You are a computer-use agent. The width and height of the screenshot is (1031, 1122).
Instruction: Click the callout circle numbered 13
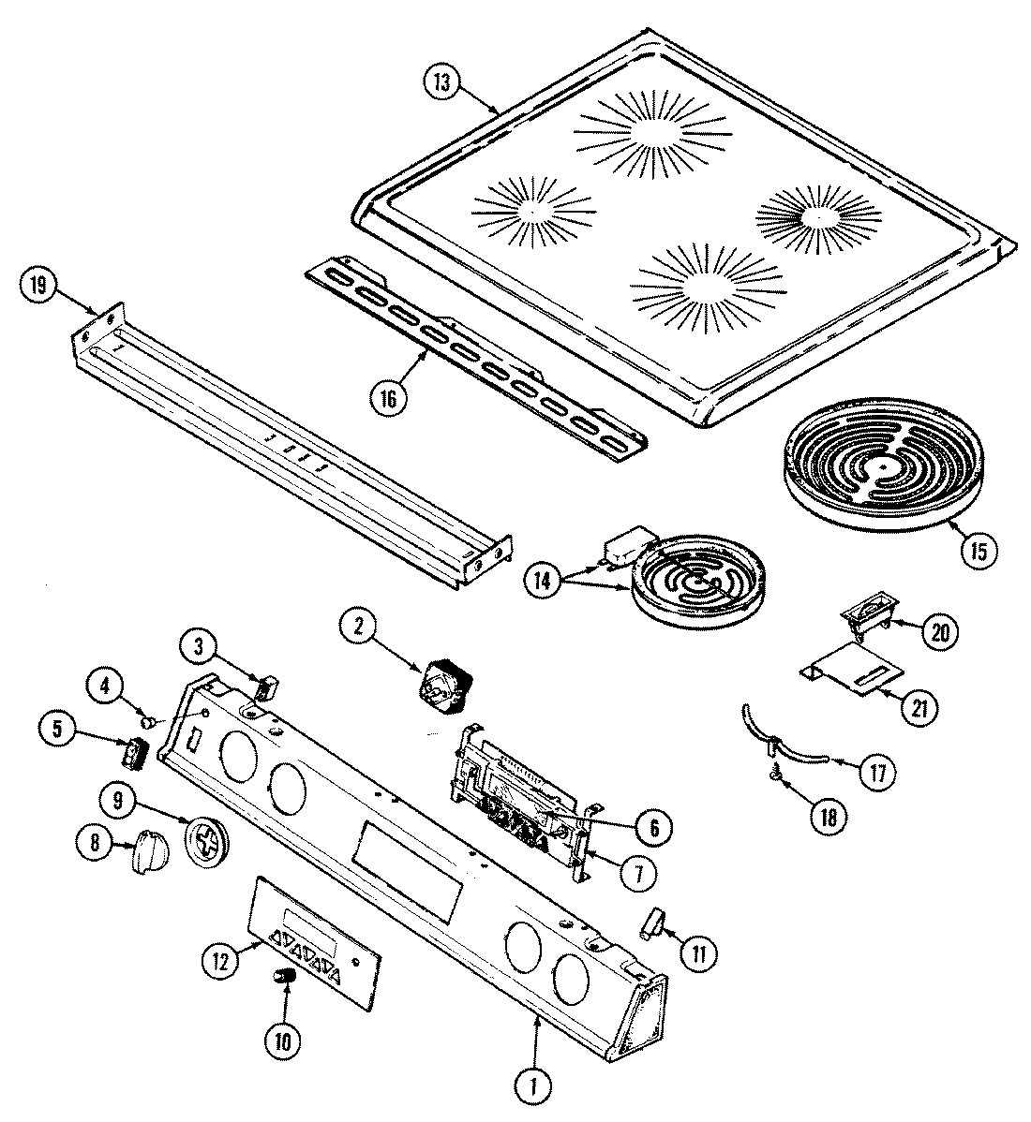point(441,81)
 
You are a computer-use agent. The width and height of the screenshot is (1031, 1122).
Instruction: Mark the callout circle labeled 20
point(939,632)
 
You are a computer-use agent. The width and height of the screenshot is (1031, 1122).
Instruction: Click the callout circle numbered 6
point(652,826)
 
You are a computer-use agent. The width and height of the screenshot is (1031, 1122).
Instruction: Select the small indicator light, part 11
point(650,924)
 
